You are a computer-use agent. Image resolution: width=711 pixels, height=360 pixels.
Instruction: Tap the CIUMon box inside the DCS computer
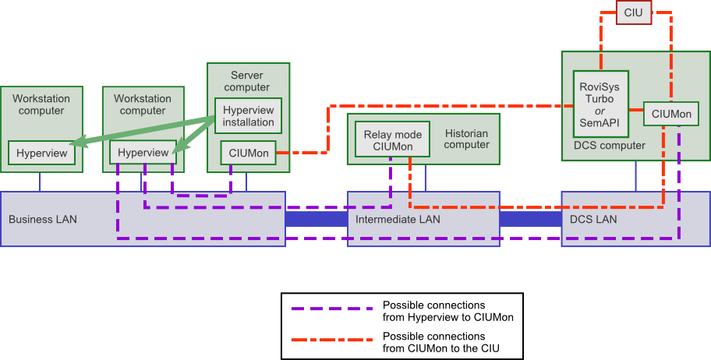[670, 115]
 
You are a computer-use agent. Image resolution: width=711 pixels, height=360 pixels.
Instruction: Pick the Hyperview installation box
[248, 115]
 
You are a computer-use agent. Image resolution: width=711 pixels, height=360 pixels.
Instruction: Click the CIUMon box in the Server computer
[248, 153]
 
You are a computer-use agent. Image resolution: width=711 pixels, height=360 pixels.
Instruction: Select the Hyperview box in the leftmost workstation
[42, 153]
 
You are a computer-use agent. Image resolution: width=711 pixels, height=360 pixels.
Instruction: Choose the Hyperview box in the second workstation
[143, 153]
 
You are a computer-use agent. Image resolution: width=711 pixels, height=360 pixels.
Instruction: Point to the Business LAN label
[43, 219]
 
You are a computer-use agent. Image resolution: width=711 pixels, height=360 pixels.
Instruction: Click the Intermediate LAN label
[398, 219]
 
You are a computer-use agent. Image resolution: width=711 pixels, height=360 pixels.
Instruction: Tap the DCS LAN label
[593, 219]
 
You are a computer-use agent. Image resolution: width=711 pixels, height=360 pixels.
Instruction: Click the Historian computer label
[466, 139]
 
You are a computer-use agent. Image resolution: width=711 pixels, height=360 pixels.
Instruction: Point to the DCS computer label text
[610, 146]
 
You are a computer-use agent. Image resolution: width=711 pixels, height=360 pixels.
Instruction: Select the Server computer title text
[247, 81]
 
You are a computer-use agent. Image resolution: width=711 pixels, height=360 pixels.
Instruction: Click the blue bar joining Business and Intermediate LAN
[316, 219]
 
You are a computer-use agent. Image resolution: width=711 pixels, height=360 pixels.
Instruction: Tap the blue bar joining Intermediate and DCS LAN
[530, 219]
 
